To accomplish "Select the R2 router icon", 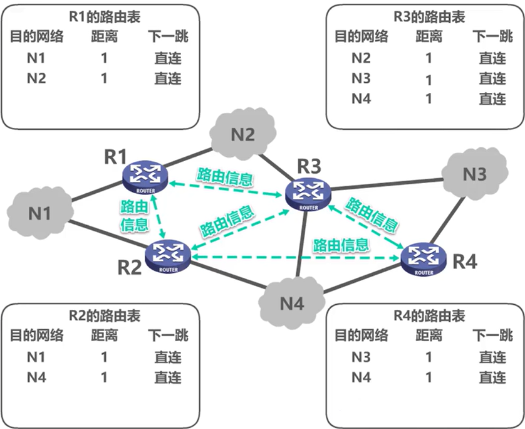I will pyautogui.click(x=168, y=256).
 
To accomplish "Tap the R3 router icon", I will pyautogui.click(x=309, y=194).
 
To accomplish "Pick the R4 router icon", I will pyautogui.click(x=424, y=259).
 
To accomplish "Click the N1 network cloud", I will pyautogui.click(x=39, y=213).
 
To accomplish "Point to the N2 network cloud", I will pyautogui.click(x=243, y=134).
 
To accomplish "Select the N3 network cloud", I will pyautogui.click(x=474, y=174).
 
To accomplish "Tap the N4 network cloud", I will pyautogui.click(x=292, y=304).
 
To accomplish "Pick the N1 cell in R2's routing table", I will pyautogui.click(x=37, y=357).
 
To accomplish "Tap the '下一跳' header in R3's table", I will pyautogui.click(x=492, y=36).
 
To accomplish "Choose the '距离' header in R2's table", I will pyautogui.click(x=104, y=336).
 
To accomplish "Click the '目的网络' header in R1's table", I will pyautogui.click(x=37, y=36).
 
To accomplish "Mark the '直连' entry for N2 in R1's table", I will pyautogui.click(x=167, y=78).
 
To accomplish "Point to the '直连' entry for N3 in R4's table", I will pyautogui.click(x=492, y=357).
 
